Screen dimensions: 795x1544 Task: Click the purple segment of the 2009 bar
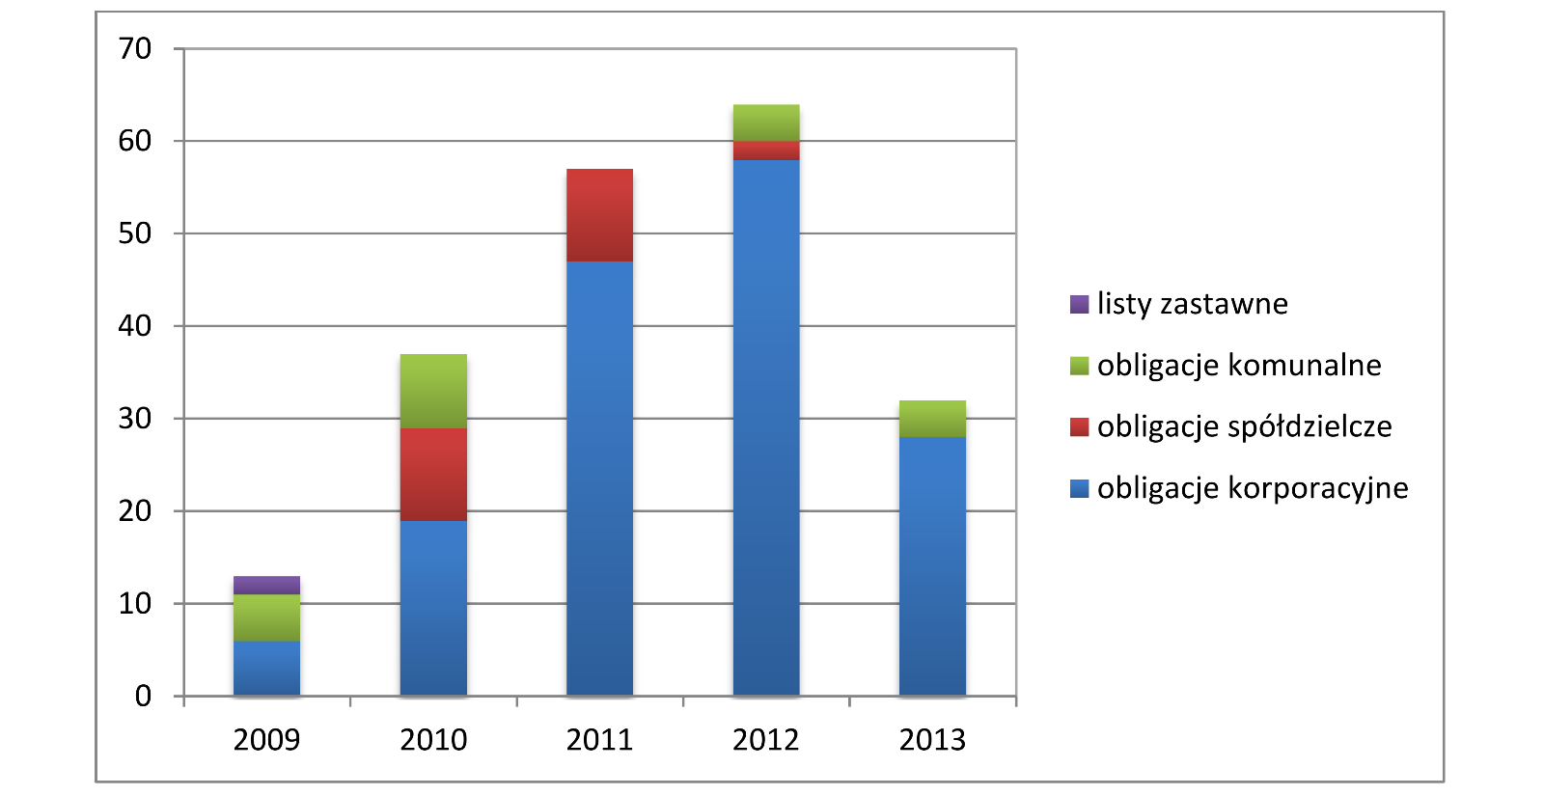266,585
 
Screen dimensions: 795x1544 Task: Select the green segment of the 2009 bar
266,617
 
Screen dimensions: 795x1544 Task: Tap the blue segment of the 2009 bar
266,668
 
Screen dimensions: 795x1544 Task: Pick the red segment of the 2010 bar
433,474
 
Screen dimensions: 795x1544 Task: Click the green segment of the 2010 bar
433,391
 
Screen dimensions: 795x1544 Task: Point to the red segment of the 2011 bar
599,215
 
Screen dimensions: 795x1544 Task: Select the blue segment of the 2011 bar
599,478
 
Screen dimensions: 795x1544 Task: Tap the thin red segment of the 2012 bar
766,151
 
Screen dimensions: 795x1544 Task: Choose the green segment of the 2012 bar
766,123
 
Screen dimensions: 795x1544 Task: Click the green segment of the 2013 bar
932,419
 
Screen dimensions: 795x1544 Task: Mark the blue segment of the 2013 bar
932,565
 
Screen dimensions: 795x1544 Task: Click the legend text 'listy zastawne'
1192,304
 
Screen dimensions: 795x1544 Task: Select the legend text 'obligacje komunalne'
1239,366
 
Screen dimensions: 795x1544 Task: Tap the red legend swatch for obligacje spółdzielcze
1079,426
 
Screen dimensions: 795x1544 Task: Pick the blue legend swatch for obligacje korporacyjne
1079,488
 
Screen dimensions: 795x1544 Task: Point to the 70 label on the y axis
135,48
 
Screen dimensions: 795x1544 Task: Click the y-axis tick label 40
135,326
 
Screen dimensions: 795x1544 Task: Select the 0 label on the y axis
143,696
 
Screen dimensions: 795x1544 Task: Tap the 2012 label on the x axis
766,740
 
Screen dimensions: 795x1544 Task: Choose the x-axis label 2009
266,740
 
